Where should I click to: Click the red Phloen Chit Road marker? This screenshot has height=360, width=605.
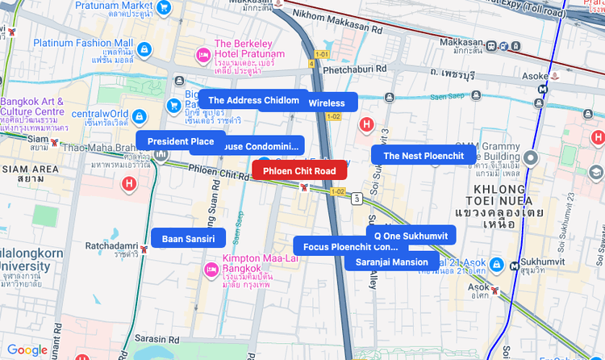(x=299, y=171)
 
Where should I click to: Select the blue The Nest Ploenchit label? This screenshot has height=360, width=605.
(x=423, y=156)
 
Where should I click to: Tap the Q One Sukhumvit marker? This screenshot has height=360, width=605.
(x=411, y=235)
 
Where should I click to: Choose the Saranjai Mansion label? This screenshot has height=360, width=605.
(x=392, y=262)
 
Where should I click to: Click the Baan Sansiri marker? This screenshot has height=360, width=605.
(x=188, y=239)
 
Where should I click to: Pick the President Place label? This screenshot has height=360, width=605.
(x=181, y=141)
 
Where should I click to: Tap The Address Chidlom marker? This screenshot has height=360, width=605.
(x=253, y=100)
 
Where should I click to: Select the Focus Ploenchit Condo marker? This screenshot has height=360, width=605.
(x=351, y=246)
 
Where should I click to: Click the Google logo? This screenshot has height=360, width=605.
(x=27, y=350)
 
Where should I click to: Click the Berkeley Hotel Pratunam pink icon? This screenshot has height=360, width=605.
(x=203, y=56)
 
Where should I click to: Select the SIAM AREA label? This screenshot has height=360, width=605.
(x=30, y=174)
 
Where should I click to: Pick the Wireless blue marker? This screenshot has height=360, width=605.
(x=327, y=103)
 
